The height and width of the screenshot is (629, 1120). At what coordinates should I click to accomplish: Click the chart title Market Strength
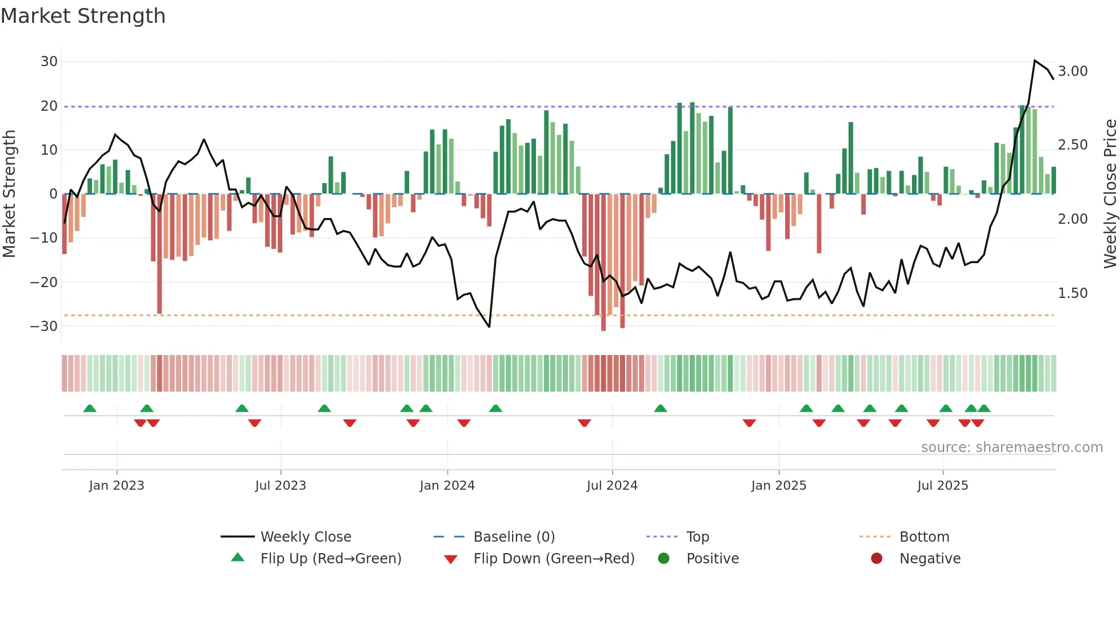coord(83,16)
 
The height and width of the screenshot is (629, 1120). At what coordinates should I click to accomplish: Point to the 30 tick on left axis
coord(49,62)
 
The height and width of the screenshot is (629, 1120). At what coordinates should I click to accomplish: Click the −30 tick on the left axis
coord(44,326)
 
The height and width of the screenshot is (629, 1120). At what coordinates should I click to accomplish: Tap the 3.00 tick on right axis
coord(1073,71)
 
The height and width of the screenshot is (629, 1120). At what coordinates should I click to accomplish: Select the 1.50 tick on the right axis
coord(1073,293)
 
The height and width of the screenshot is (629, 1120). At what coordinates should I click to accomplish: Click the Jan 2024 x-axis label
coord(447,486)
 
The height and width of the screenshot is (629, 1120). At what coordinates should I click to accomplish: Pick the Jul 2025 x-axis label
coord(942,486)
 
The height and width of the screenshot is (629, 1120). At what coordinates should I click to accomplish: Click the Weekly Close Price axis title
coord(1110,194)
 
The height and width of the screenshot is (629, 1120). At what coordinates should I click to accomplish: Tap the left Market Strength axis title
coord(9,194)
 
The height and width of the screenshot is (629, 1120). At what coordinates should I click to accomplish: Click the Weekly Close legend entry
coord(306,537)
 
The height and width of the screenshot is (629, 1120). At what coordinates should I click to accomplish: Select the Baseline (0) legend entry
coord(514,537)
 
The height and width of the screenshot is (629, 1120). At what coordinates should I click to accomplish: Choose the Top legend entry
coord(697,537)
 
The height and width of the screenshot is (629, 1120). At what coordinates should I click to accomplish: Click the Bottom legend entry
coord(924,537)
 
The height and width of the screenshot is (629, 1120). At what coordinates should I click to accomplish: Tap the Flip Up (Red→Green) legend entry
coord(331,559)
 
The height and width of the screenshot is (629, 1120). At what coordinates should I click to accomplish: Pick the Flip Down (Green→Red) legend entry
coord(554,559)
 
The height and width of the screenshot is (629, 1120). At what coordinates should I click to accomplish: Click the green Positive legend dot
coord(663,558)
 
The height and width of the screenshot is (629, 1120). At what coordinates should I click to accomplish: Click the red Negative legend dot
coord(877,558)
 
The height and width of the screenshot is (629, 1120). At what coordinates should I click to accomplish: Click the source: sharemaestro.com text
coord(1011,447)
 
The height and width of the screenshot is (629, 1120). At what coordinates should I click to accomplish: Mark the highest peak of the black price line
coord(1034,61)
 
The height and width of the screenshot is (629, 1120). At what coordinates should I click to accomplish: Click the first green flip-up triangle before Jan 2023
coord(90,408)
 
